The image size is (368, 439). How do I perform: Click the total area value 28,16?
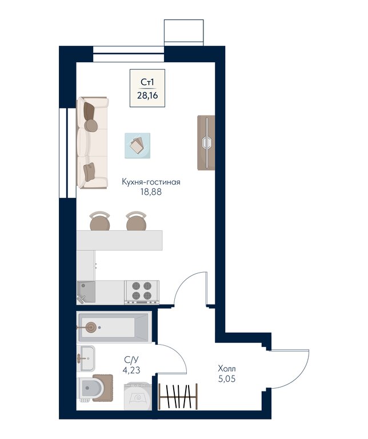point(147,95)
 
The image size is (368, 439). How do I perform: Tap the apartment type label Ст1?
point(147,82)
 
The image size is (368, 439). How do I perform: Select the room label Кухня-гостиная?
point(151,182)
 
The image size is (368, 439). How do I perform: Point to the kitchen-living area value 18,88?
point(151,192)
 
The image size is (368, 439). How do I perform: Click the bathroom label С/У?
point(131,360)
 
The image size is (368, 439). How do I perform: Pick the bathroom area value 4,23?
point(131,370)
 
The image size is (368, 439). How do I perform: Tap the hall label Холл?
point(227,369)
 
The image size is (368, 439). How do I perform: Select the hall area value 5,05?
point(227,379)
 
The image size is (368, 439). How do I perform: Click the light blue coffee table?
point(137,146)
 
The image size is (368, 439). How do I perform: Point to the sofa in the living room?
point(93,142)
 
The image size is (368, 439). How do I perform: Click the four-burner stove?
point(142,292)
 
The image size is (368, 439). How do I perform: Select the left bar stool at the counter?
point(100,221)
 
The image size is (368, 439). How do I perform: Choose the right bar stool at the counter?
point(137,221)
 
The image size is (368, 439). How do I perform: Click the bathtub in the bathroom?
point(114,327)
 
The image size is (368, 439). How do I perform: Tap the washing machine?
point(138,396)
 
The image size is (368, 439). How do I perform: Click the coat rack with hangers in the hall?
point(178,396)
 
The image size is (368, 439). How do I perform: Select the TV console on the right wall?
point(206,143)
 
